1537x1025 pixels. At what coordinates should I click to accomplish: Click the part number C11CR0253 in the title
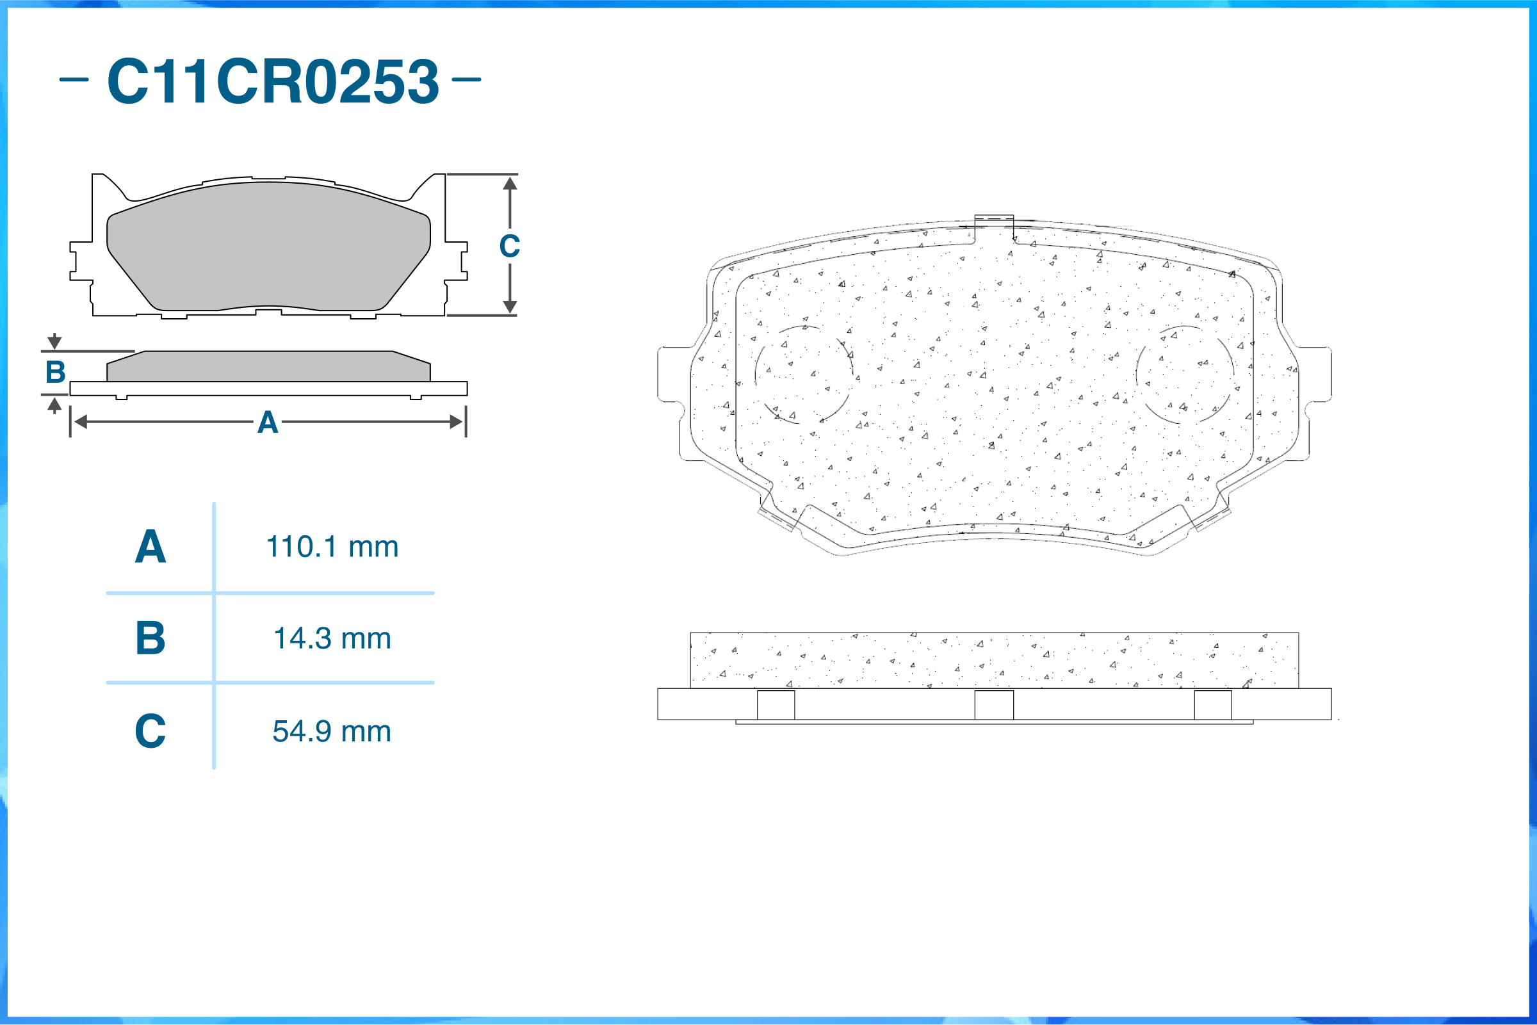pyautogui.click(x=273, y=81)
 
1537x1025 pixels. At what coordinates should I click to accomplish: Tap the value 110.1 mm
pyautogui.click(x=332, y=547)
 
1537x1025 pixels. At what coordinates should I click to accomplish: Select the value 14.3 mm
pyautogui.click(x=332, y=638)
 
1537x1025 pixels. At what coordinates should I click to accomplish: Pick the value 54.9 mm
pyautogui.click(x=332, y=731)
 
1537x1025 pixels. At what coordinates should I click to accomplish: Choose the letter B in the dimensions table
pyautogui.click(x=150, y=638)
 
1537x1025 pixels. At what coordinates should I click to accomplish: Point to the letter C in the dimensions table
pyautogui.click(x=150, y=730)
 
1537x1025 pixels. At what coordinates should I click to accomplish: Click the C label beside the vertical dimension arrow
pyautogui.click(x=509, y=246)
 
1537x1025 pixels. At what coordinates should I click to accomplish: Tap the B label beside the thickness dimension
pyautogui.click(x=56, y=372)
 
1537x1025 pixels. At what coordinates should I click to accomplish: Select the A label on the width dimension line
pyautogui.click(x=268, y=423)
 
